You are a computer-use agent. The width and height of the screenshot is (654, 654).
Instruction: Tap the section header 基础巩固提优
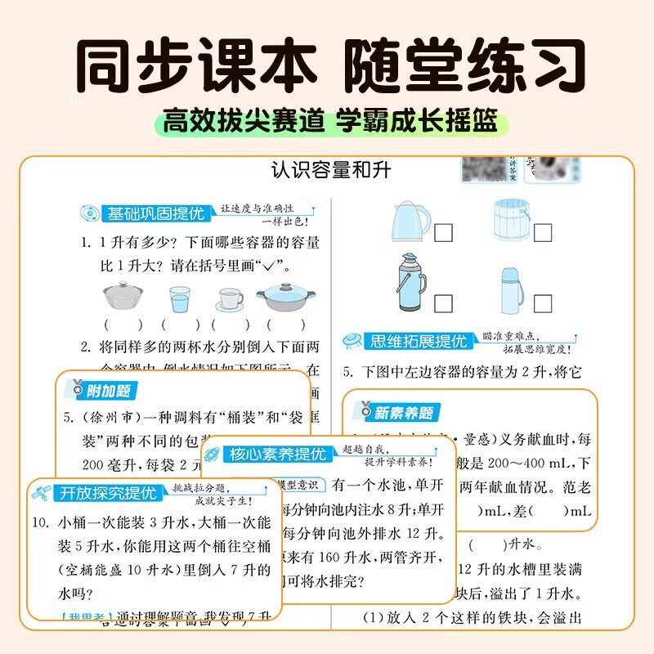tap(155, 214)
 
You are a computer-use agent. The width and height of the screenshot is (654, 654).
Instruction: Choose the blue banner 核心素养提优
tap(278, 455)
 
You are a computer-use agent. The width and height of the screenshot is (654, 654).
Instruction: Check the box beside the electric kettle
tap(444, 233)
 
